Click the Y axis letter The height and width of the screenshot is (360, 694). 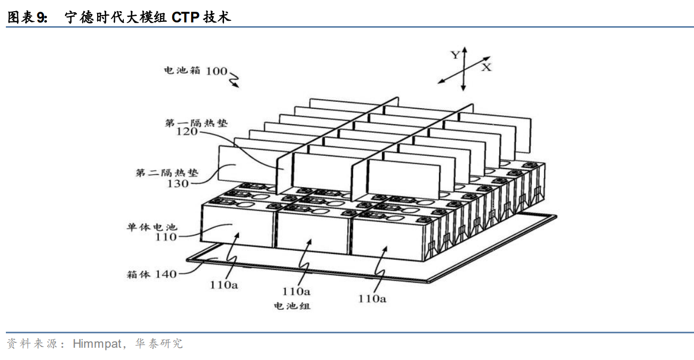(455, 54)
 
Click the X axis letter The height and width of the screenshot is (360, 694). (486, 67)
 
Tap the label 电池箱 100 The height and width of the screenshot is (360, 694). (195, 70)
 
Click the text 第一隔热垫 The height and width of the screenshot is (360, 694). (196, 123)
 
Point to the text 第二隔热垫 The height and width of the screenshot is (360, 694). (167, 173)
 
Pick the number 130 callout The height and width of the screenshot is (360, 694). (178, 183)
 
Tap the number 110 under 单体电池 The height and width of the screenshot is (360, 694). (166, 237)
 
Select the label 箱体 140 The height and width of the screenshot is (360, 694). (151, 275)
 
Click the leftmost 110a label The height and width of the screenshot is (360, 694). (224, 285)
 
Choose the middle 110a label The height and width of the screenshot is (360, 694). (296, 292)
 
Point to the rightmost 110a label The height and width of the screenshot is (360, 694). (372, 299)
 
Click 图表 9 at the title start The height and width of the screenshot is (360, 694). (27, 18)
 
